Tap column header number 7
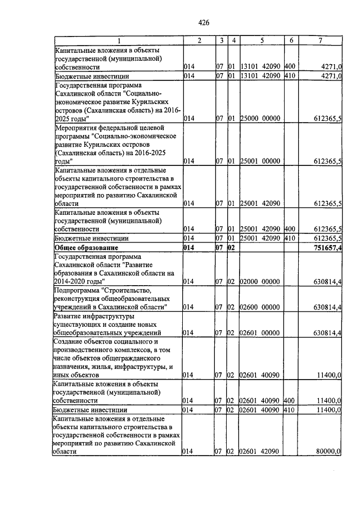tap(320, 40)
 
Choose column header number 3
tap(222, 40)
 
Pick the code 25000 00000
tap(260, 119)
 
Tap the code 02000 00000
tap(260, 281)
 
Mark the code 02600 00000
tap(260, 307)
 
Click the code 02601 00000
tap(260, 333)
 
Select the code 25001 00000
tap(260, 161)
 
